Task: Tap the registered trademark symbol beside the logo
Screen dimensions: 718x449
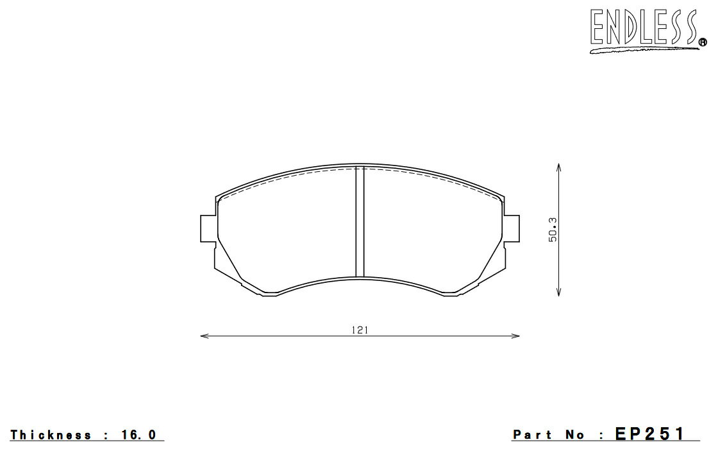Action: click(703, 43)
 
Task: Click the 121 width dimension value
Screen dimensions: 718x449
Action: click(360, 330)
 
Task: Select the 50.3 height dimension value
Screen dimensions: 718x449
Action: click(553, 230)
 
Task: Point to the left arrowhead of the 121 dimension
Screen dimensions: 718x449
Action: click(205, 336)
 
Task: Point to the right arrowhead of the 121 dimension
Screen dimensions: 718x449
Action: click(515, 336)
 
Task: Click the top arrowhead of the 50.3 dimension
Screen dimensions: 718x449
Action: click(558, 167)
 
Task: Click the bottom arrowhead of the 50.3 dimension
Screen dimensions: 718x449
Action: click(558, 292)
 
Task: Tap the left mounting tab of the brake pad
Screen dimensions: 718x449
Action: click(208, 228)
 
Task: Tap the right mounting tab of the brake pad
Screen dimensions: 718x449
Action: click(512, 228)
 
